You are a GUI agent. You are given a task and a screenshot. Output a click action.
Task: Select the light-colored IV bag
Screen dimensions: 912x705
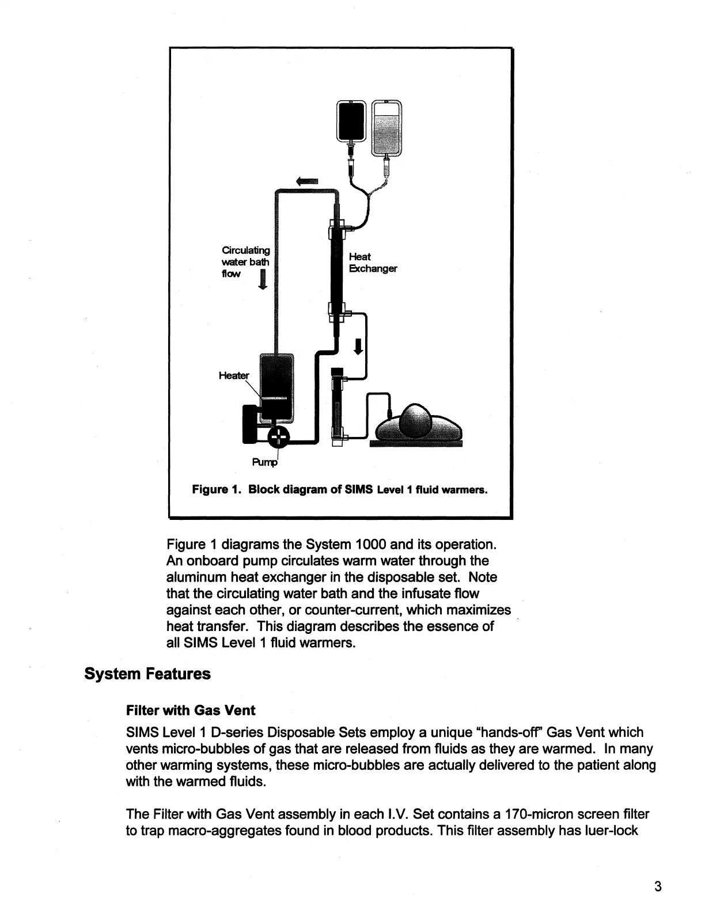(x=386, y=128)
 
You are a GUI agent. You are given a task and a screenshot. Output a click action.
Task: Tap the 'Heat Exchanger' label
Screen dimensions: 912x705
(x=373, y=263)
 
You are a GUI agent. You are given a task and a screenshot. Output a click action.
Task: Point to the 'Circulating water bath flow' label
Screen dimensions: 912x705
(x=245, y=261)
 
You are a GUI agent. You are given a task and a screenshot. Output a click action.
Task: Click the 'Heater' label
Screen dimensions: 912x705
(x=234, y=375)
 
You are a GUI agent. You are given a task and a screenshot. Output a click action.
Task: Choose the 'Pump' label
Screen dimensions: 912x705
(x=264, y=462)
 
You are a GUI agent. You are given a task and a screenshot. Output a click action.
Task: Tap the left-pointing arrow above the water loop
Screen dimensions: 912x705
(x=307, y=181)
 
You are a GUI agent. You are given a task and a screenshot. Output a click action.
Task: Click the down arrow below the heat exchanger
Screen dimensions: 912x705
(x=358, y=347)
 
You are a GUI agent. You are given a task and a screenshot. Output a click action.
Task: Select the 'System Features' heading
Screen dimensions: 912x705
(x=147, y=674)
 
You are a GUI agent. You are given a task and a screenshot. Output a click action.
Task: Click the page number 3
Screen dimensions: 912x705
(x=658, y=886)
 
